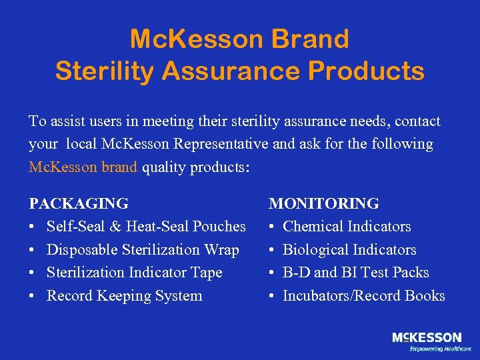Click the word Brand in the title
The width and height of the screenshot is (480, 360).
click(311, 39)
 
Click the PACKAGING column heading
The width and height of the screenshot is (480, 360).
click(79, 203)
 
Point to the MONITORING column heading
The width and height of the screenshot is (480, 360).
click(323, 203)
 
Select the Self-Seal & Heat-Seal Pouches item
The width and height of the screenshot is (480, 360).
click(146, 227)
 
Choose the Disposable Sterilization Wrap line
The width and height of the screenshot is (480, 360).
click(143, 250)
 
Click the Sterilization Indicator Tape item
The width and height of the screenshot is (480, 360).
click(134, 273)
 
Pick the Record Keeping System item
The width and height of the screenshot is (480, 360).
click(124, 296)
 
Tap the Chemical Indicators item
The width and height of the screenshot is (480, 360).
click(347, 227)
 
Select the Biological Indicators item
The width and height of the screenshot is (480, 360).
click(349, 250)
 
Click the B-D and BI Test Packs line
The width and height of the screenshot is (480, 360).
click(356, 273)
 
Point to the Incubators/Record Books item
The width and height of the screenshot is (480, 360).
click(364, 296)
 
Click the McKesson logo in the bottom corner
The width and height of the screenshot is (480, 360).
click(427, 338)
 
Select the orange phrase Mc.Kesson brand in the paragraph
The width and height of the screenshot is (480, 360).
click(83, 167)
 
